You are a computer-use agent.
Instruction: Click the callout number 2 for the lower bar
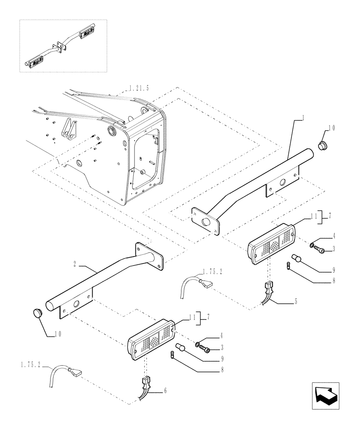click(x=75, y=264)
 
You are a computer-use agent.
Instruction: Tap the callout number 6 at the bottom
click(x=165, y=392)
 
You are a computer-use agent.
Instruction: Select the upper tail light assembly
click(x=272, y=245)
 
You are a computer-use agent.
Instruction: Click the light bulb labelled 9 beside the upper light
click(x=296, y=259)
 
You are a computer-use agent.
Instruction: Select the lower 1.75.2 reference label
click(x=30, y=364)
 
